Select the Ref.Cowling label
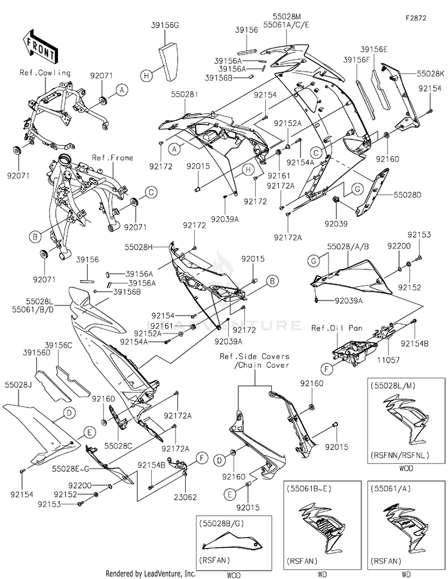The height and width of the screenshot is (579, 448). (x=45, y=73)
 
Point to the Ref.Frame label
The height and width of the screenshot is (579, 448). (x=112, y=158)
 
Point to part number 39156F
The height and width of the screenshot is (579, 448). (x=356, y=60)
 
